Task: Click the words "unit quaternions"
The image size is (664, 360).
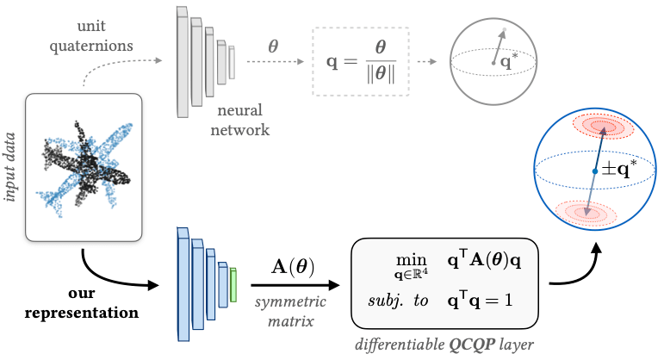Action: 91,35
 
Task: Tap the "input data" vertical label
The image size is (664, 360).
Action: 9,167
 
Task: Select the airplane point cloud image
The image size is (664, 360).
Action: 84,167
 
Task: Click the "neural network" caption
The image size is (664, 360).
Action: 239,120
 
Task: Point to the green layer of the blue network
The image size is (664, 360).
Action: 233,284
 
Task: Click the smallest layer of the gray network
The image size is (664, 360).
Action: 232,62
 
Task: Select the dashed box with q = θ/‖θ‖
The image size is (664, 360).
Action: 361,61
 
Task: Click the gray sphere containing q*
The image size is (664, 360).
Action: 493,61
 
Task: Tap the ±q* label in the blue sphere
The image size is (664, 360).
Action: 619,169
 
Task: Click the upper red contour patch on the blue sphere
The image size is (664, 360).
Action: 603,126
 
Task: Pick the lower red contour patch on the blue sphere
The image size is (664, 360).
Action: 586,213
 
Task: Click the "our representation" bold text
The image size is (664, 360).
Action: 81,303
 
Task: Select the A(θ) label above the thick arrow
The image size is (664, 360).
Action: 293,267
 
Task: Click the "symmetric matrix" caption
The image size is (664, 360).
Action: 290,311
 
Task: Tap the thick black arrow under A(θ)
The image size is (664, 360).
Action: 295,285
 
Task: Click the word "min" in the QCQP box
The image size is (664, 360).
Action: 411,259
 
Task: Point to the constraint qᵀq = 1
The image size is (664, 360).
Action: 480,300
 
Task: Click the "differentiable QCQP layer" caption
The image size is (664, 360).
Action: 444,344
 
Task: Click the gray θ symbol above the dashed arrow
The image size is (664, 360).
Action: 273,46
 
